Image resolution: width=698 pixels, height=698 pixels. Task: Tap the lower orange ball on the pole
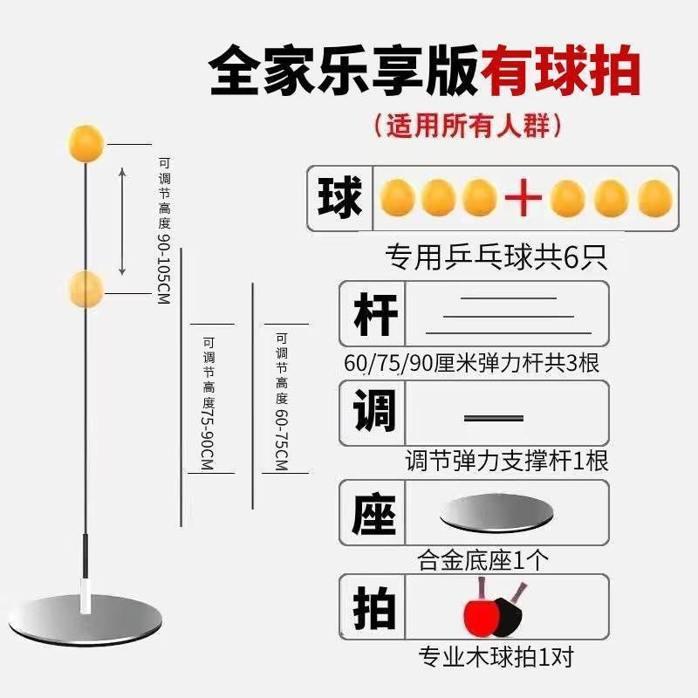[x=86, y=287]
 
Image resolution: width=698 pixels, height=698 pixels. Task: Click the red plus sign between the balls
[x=524, y=199]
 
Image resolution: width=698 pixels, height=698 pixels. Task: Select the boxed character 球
[x=340, y=198]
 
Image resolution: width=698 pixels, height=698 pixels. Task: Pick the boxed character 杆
[x=376, y=314]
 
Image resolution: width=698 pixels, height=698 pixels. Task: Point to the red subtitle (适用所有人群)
[x=467, y=125]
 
